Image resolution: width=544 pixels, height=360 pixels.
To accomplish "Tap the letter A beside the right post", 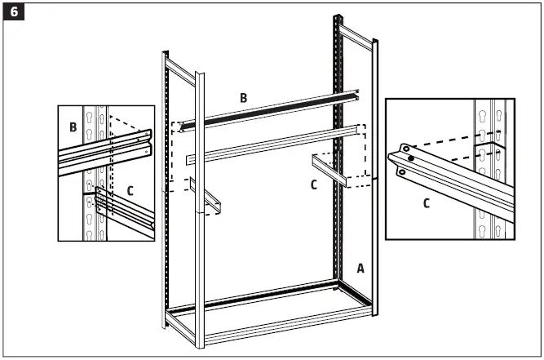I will pyautogui.click(x=360, y=267).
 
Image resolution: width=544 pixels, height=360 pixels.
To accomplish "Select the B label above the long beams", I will pyautogui.click(x=243, y=98).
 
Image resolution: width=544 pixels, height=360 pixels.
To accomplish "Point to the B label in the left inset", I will pyautogui.click(x=73, y=127).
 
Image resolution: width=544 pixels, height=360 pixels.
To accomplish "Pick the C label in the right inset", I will pyautogui.click(x=427, y=203).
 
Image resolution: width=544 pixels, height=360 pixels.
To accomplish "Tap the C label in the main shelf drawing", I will pyautogui.click(x=313, y=184).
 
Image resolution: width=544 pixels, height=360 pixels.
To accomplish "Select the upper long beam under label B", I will pyautogui.click(x=269, y=108).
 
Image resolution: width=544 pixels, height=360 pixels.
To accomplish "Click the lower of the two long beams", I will pyautogui.click(x=269, y=144).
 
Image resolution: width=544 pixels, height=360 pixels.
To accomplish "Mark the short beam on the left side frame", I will pyautogui.click(x=210, y=202).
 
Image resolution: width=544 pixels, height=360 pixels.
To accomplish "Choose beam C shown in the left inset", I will pyautogui.click(x=122, y=211).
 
